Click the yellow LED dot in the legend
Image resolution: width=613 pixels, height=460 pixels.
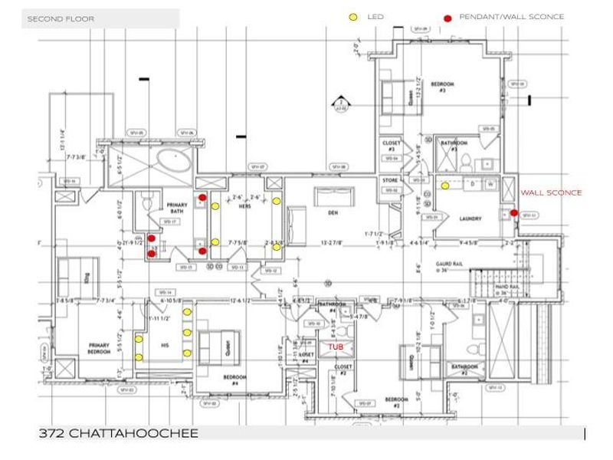(x=353, y=17)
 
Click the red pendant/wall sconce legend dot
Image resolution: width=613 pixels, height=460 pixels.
(x=447, y=18)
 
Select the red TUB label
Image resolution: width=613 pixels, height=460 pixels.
(x=336, y=347)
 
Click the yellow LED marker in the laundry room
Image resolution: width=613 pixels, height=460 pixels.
(x=444, y=185)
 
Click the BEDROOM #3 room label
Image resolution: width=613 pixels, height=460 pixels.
(x=442, y=87)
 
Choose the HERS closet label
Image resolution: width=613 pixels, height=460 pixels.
(x=246, y=205)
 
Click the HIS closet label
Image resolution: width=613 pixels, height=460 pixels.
(x=163, y=345)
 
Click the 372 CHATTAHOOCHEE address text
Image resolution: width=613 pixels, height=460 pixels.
(x=118, y=434)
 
